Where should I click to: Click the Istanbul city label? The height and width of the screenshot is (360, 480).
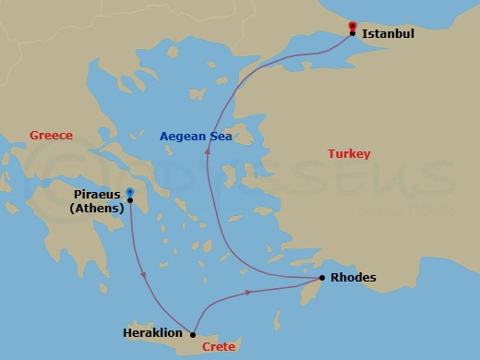389,34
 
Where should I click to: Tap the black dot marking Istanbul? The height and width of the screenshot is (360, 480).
353,34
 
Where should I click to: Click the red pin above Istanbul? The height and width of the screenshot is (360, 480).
353,25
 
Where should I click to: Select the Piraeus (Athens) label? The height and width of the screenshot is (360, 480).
97,201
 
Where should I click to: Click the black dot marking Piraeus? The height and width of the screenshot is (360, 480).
130,200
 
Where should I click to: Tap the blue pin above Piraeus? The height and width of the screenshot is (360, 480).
130,192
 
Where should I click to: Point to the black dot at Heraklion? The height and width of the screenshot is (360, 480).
192,334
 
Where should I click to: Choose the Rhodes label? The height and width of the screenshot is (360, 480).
354,277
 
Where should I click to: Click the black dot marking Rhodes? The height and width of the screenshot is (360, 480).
321,278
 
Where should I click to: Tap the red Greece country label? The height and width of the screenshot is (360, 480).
51,135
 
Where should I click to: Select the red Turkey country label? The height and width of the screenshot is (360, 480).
349,154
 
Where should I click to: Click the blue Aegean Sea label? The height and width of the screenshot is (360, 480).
196,136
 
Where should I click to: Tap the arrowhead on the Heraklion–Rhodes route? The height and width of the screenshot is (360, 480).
249,293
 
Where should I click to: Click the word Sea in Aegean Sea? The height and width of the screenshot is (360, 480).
220,136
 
